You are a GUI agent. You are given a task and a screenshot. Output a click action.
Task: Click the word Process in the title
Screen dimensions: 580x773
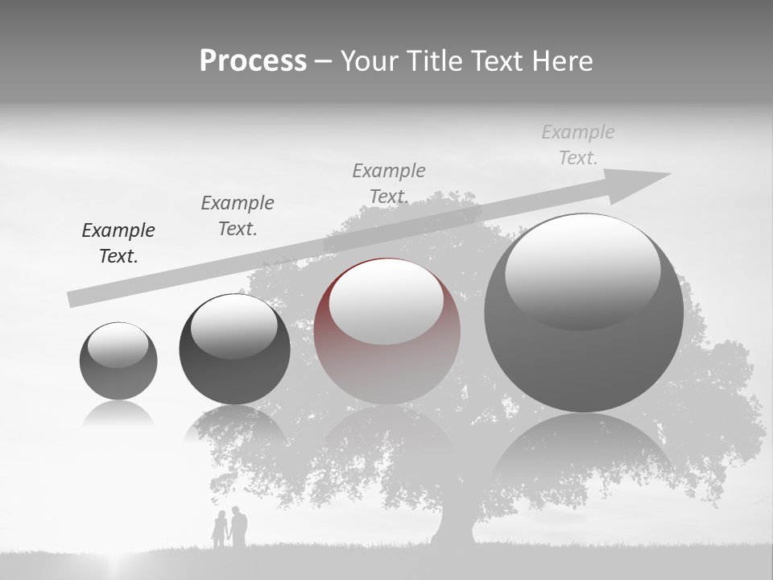pyautogui.click(x=253, y=61)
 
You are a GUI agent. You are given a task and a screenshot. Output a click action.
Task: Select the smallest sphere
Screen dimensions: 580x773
pyautogui.click(x=118, y=361)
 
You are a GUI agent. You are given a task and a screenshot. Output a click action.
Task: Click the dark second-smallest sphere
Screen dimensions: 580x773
pyautogui.click(x=234, y=350)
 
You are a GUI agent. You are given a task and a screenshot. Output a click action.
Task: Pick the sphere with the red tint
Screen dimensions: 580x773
pyautogui.click(x=387, y=331)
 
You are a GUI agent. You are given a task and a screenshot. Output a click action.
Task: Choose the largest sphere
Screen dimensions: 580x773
pyautogui.click(x=584, y=313)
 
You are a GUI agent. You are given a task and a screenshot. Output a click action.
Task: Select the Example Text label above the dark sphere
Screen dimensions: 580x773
pyautogui.click(x=238, y=216)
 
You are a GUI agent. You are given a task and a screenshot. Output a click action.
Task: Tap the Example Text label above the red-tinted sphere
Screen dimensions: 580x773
pyautogui.click(x=389, y=183)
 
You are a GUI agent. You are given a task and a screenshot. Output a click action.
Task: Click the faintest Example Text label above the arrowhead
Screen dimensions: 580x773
pyautogui.click(x=578, y=145)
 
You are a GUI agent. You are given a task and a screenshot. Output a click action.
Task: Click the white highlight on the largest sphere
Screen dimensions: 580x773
pyautogui.click(x=582, y=270)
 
